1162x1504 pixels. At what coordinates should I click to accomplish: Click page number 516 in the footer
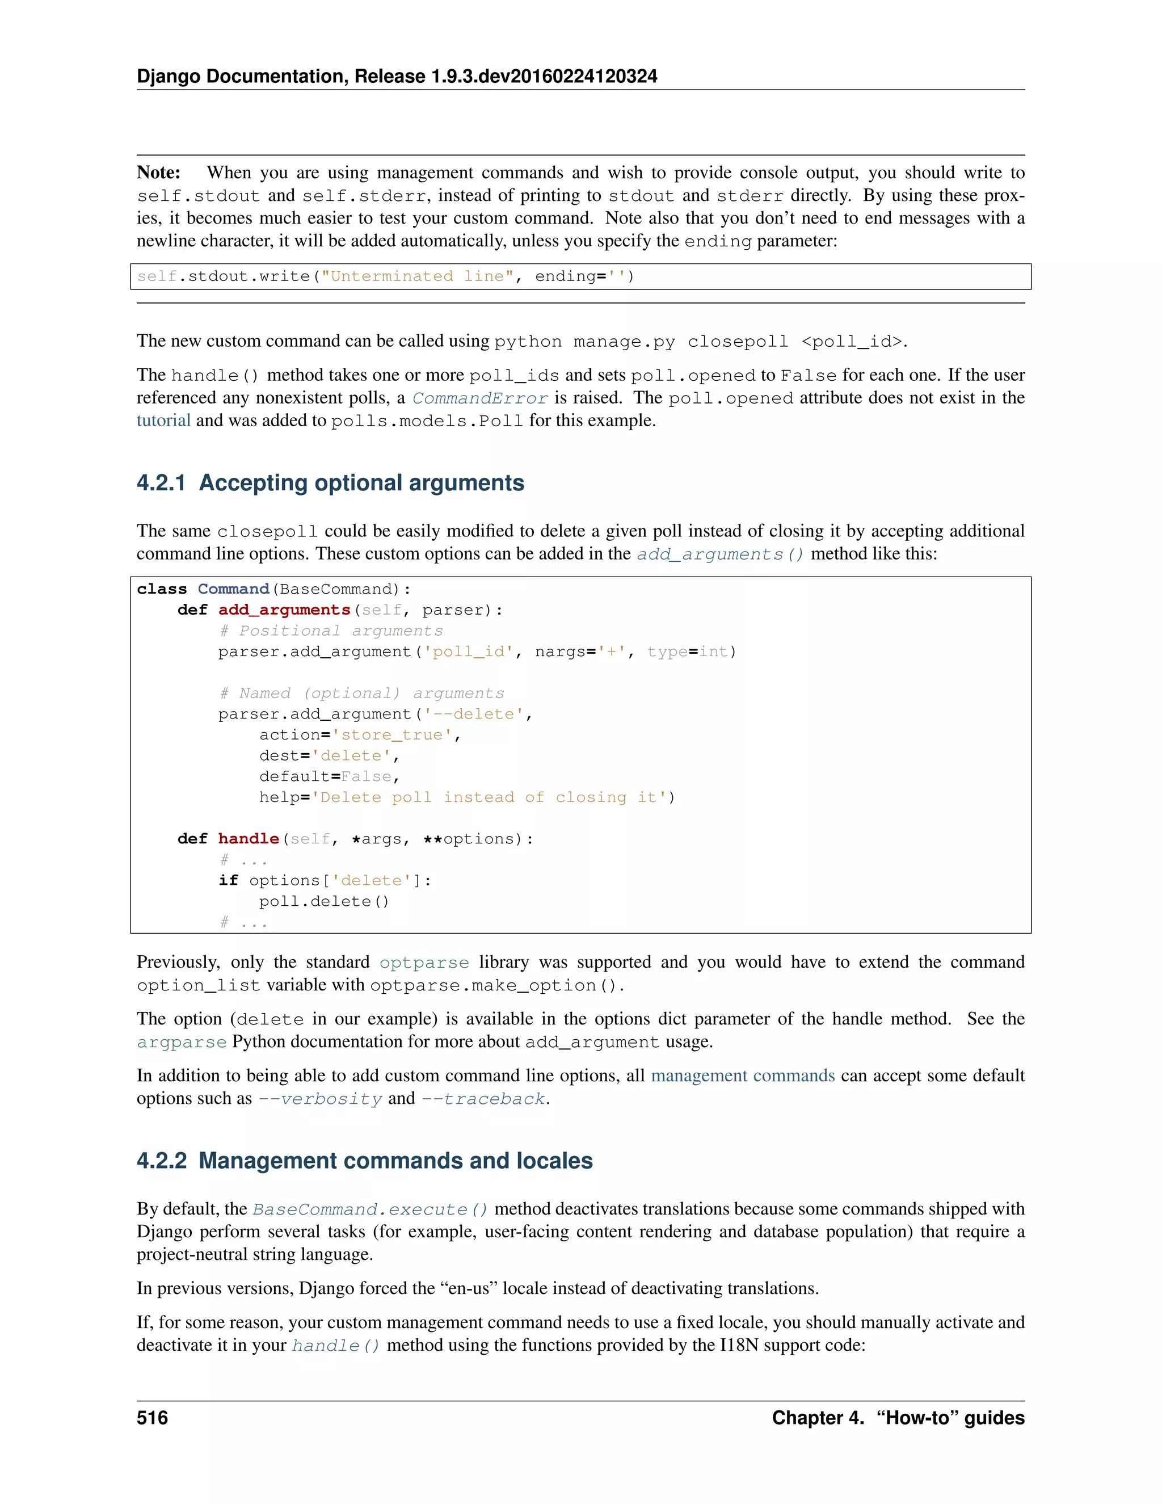point(152,1417)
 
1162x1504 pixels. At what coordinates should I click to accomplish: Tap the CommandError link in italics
point(480,398)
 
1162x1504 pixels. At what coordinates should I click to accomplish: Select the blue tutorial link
point(163,420)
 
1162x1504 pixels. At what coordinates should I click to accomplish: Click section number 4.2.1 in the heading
point(161,483)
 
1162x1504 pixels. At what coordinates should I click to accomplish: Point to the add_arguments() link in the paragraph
point(720,554)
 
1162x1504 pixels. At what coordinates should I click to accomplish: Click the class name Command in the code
point(233,589)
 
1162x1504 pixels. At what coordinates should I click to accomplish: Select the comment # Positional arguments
point(331,631)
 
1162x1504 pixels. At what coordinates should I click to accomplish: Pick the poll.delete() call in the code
point(324,901)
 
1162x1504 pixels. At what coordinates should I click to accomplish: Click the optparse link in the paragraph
point(424,963)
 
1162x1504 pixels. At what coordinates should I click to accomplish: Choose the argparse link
point(182,1042)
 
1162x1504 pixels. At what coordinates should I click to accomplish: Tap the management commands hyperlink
point(743,1076)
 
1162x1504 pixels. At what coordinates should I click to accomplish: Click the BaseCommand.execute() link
point(371,1209)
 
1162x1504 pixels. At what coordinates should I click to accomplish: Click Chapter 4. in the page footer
point(817,1417)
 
